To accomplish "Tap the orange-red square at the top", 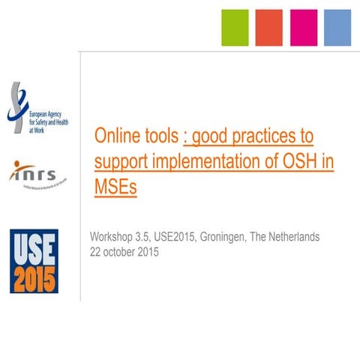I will point(268,28).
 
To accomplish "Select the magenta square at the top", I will point(303,28).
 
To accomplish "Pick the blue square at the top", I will point(337,28).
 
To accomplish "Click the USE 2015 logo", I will point(33,261).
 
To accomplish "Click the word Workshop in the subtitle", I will point(113,238).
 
